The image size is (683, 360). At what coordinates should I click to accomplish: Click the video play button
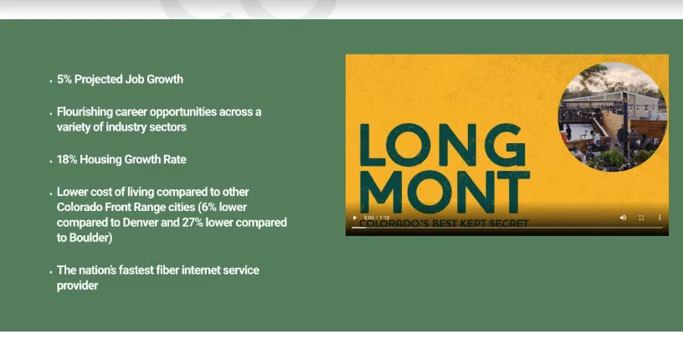click(355, 218)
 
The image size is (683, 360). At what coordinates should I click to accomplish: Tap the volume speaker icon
click(623, 218)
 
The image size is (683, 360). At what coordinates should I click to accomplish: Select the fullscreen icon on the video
click(641, 218)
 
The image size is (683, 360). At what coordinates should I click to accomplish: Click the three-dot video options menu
click(660, 218)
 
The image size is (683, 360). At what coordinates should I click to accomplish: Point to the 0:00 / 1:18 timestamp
click(377, 218)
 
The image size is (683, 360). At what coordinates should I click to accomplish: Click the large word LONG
click(442, 145)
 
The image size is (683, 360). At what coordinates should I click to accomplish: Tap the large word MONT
click(444, 192)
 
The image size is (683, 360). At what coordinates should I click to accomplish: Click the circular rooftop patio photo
click(613, 117)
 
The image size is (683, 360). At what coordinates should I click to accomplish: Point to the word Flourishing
click(85, 112)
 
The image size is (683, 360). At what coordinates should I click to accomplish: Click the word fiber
click(167, 270)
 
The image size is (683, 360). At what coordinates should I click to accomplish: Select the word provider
click(78, 286)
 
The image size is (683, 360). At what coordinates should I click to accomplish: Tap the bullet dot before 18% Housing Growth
click(51, 162)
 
